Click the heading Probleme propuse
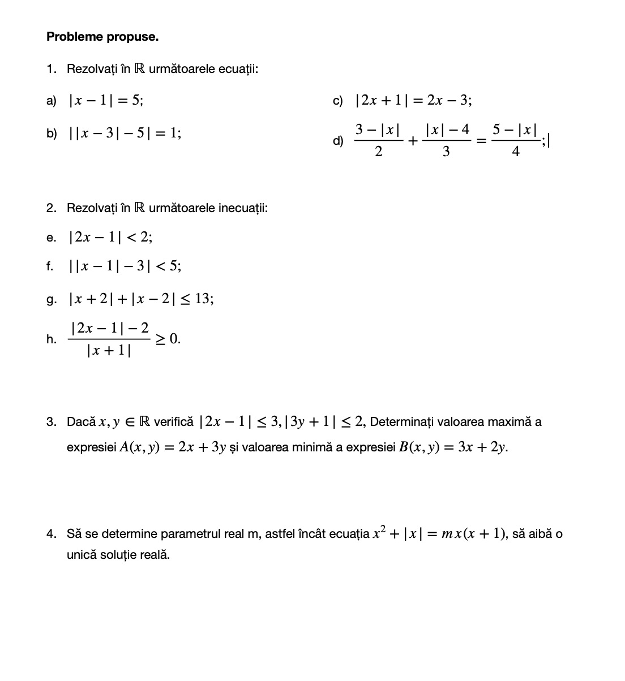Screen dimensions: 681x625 (x=102, y=37)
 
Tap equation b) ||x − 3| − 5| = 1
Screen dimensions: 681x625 (x=125, y=133)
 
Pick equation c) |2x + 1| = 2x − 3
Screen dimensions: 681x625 (x=413, y=101)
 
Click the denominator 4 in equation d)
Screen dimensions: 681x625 (x=515, y=152)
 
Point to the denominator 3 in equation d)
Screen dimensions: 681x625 (x=446, y=152)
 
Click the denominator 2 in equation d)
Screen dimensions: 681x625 (x=378, y=152)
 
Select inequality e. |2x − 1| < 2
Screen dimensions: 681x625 (x=110, y=238)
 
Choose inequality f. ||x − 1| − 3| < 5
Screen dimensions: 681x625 (x=125, y=266)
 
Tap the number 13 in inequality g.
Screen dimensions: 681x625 (x=203, y=299)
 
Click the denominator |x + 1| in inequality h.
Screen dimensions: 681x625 (x=109, y=351)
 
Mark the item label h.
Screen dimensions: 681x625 (x=52, y=339)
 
